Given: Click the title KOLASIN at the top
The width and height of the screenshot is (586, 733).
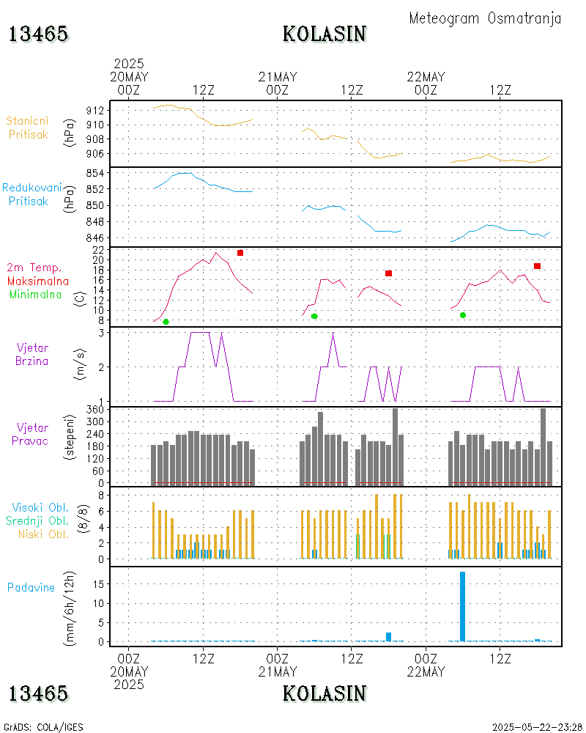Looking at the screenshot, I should point(324,34).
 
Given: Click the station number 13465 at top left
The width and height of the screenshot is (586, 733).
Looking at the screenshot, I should point(38,34).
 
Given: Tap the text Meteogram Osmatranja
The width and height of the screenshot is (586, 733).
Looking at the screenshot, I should point(485,18).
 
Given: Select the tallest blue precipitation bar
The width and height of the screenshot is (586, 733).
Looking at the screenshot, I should point(462,605).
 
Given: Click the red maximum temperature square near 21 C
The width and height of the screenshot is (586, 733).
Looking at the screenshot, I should point(240,253).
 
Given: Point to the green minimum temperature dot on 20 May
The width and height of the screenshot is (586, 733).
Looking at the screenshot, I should point(166,322).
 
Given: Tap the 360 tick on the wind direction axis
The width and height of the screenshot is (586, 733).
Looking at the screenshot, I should point(96,409).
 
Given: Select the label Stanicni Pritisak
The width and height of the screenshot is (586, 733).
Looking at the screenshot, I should point(28,128).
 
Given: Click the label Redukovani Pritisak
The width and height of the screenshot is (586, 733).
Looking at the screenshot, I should point(31,194).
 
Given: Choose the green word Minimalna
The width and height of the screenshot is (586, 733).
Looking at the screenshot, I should point(37,295).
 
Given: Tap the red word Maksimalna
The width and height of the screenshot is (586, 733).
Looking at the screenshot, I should point(38,281).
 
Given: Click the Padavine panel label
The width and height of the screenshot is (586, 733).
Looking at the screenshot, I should point(31,587).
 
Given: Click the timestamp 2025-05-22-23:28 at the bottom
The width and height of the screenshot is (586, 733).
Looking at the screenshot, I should point(537,727).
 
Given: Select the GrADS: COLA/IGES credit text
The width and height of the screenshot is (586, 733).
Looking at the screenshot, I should point(44,727).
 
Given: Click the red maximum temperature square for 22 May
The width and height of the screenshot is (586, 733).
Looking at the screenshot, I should point(537,266).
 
